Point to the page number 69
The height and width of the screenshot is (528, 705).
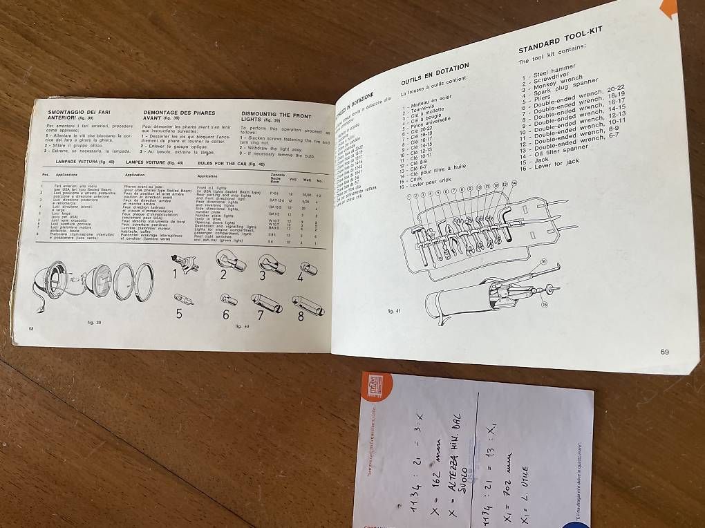[x=664, y=352]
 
